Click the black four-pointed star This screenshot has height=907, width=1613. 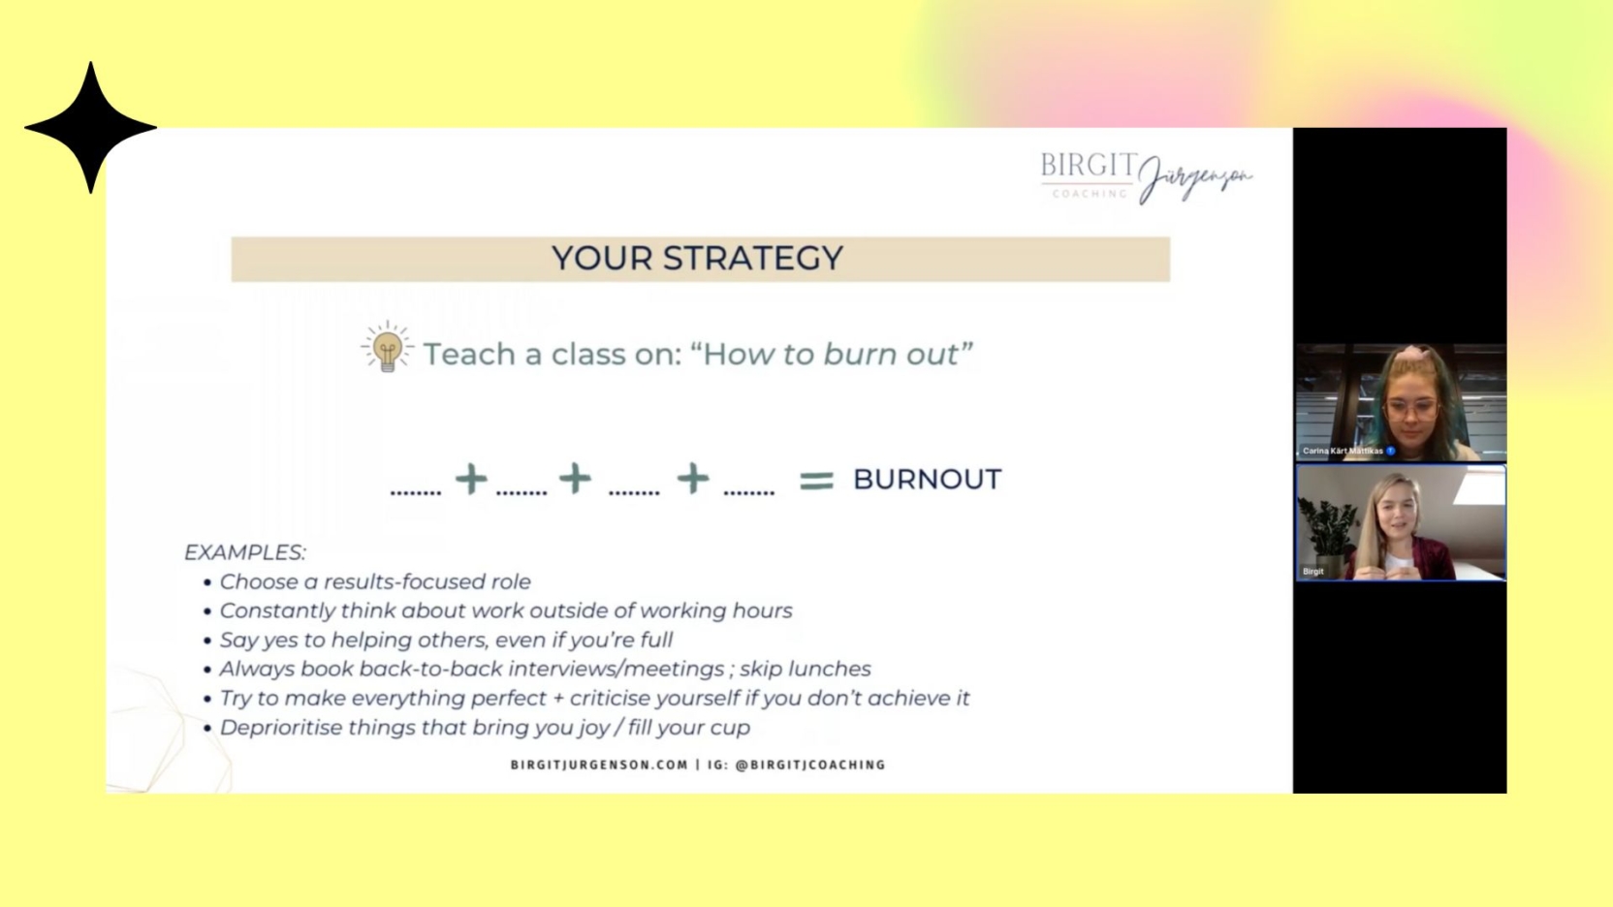pos(90,127)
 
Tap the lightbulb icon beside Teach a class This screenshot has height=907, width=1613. pos(387,348)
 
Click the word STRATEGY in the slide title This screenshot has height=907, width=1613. pos(753,258)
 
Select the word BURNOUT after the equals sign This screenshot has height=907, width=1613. pos(927,480)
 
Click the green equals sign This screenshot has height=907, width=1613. pos(816,480)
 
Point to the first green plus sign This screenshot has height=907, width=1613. pos(471,479)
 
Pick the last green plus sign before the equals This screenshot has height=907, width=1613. pos(693,479)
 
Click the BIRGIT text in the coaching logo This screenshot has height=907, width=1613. pos(1088,167)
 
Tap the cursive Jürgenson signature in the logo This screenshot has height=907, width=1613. pos(1195,178)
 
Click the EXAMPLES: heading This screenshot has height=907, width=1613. pos(244,552)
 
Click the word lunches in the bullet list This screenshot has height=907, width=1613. pos(829,669)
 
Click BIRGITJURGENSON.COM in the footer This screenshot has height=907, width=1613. pos(599,765)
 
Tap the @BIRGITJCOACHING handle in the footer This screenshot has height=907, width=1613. pos(810,765)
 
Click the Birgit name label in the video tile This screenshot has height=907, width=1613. pos(1313,571)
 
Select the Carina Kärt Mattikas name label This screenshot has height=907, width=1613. pos(1343,451)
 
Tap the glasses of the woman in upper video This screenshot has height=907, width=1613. pos(1411,408)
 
